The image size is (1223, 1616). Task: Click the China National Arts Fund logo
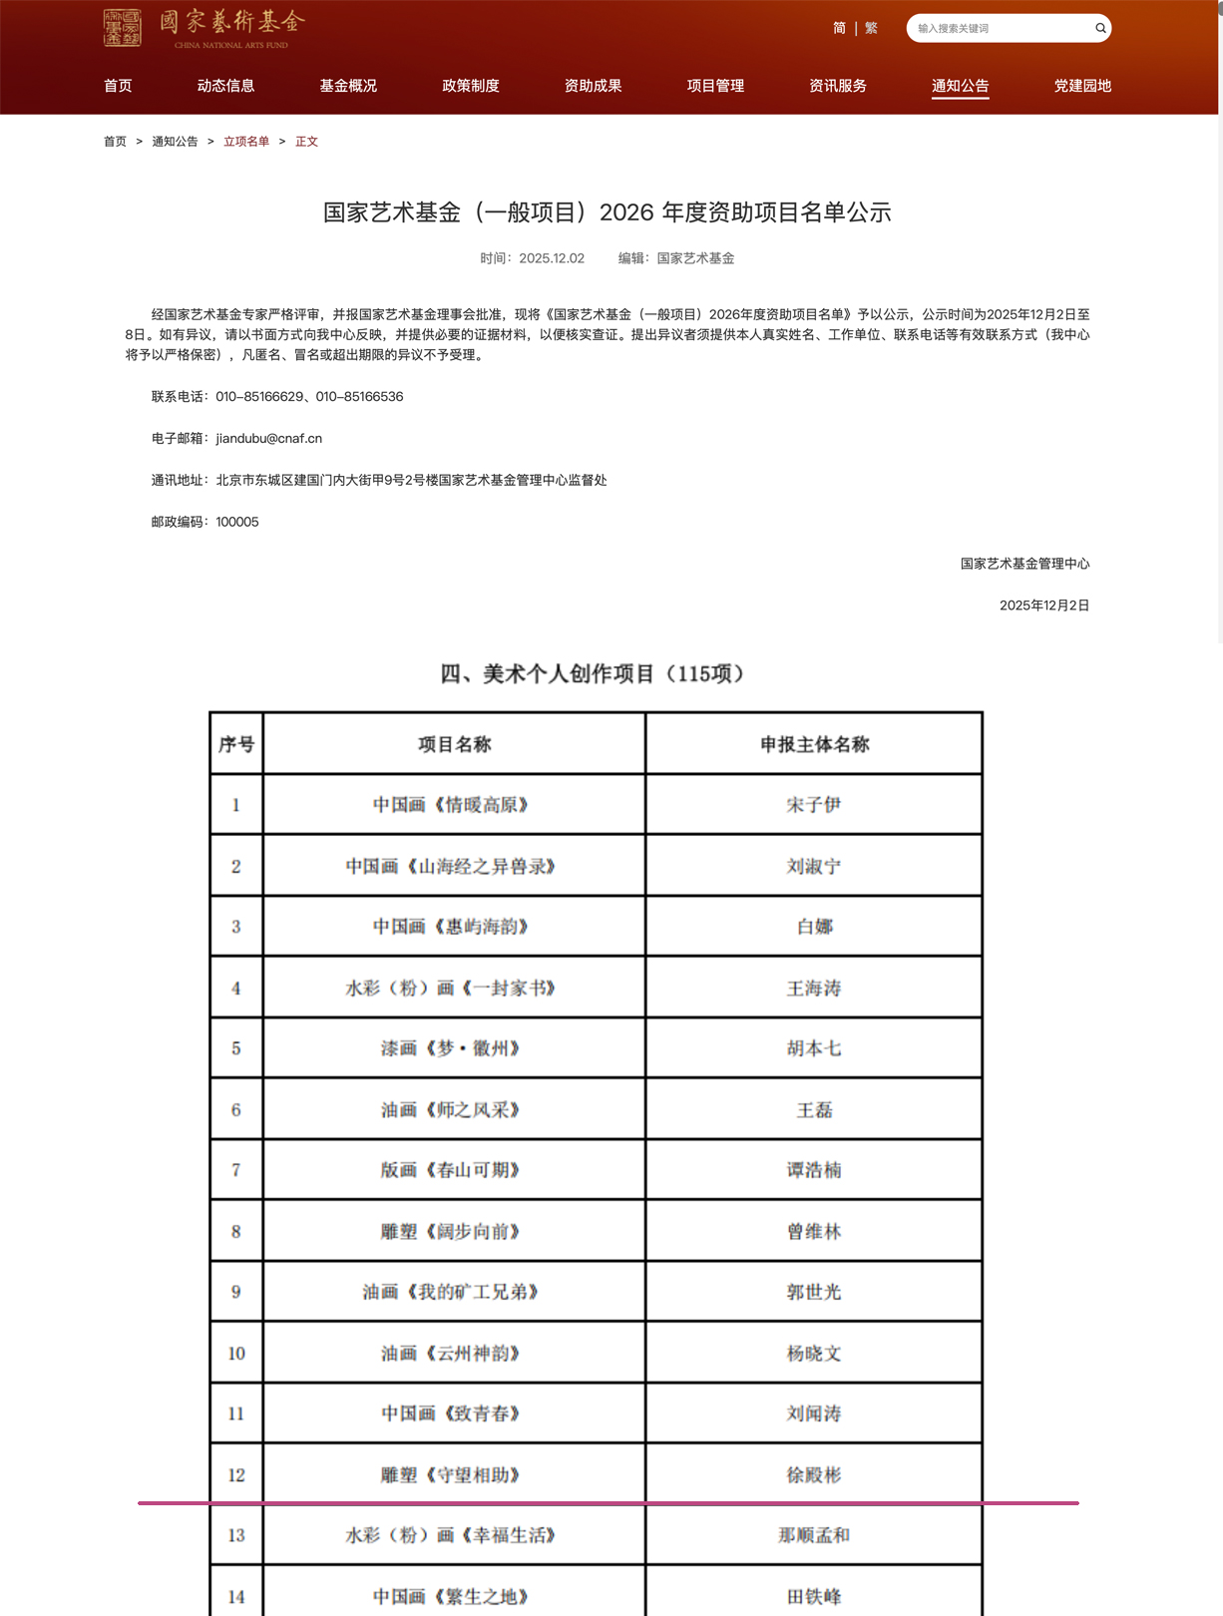click(204, 28)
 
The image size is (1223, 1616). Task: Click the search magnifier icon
click(1100, 28)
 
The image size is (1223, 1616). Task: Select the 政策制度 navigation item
click(470, 86)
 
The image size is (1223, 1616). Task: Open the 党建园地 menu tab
click(1082, 86)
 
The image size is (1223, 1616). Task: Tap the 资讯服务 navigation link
click(837, 86)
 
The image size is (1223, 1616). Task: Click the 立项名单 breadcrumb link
click(246, 142)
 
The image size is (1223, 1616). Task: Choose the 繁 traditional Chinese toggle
click(871, 28)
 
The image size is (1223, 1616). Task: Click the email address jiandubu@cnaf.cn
click(268, 438)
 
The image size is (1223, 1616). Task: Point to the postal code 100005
click(237, 522)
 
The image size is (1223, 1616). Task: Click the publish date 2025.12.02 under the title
click(551, 258)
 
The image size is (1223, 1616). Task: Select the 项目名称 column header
click(454, 744)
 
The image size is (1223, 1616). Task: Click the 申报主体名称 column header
click(814, 744)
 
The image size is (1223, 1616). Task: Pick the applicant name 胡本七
click(814, 1048)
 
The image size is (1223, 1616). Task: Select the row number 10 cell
click(236, 1354)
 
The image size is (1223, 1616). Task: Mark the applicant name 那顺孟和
click(814, 1535)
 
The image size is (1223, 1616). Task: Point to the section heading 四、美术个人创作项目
click(593, 674)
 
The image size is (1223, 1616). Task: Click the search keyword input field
click(998, 28)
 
